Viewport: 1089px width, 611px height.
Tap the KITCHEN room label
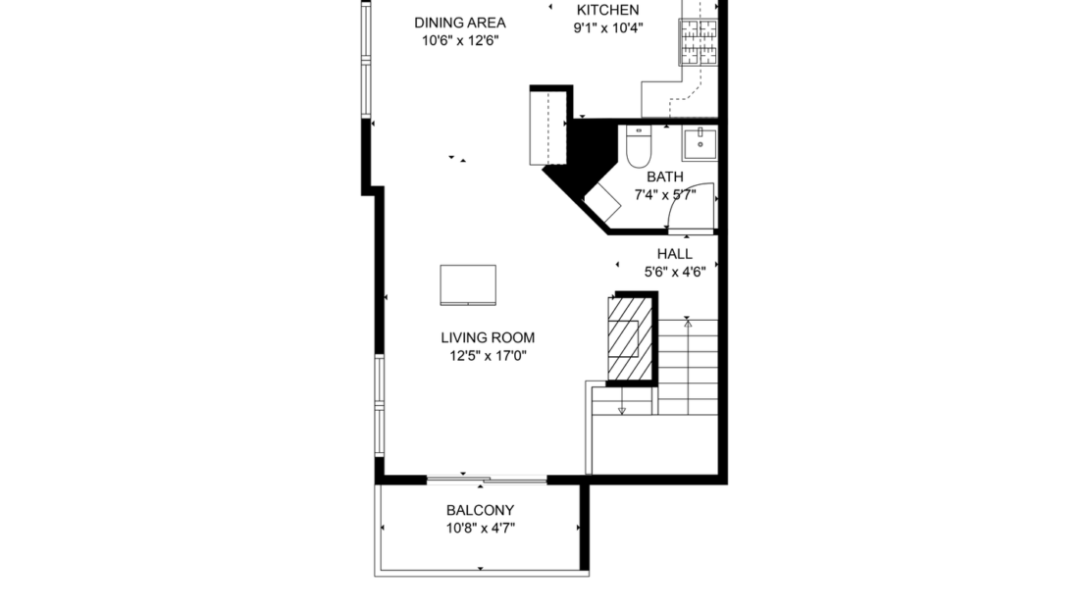click(x=606, y=10)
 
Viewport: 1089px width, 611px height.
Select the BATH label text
click(x=664, y=177)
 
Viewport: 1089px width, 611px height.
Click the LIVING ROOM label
click(x=488, y=337)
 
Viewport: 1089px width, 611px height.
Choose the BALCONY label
click(x=480, y=510)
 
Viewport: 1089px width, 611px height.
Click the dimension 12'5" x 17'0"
click(x=488, y=356)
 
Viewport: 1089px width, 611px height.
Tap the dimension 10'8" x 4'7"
click(x=480, y=529)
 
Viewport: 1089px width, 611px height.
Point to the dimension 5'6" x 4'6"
click(x=674, y=273)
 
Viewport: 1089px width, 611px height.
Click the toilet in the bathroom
click(x=639, y=147)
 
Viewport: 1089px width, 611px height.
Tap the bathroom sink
click(x=700, y=144)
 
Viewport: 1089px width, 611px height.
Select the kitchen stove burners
click(x=700, y=41)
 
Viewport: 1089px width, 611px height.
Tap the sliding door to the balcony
click(x=487, y=480)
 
